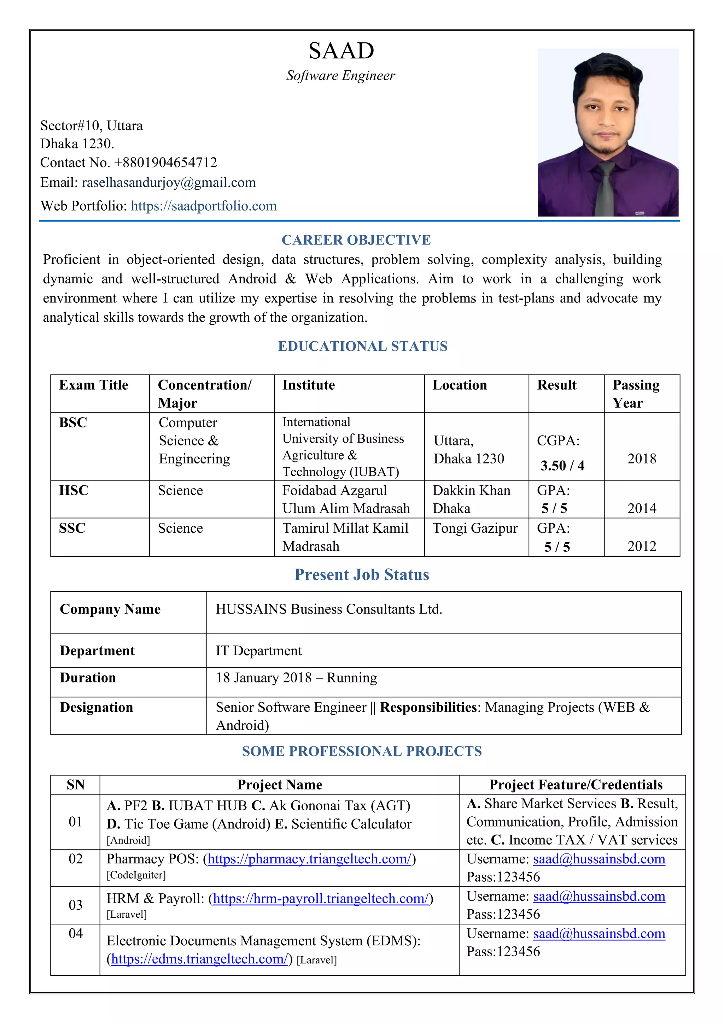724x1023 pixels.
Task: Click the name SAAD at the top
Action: point(341,51)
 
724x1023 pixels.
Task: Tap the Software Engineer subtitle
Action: point(340,76)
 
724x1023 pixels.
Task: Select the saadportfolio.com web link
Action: point(204,206)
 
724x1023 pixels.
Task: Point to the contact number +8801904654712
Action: point(165,162)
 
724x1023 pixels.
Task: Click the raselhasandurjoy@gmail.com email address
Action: point(169,183)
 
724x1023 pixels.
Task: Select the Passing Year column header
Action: point(636,394)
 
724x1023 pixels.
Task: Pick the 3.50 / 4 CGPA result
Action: point(562,466)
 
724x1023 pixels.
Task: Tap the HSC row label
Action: point(74,491)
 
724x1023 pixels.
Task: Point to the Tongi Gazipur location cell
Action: point(475,528)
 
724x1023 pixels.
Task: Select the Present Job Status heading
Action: point(362,575)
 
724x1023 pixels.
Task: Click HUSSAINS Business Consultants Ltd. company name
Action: point(329,609)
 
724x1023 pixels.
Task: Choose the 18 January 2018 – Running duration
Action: point(297,678)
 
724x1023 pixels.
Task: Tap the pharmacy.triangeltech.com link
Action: point(309,859)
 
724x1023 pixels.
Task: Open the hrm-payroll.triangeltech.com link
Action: point(321,899)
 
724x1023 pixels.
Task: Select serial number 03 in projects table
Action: point(75,905)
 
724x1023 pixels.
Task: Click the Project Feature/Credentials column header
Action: point(576,785)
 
